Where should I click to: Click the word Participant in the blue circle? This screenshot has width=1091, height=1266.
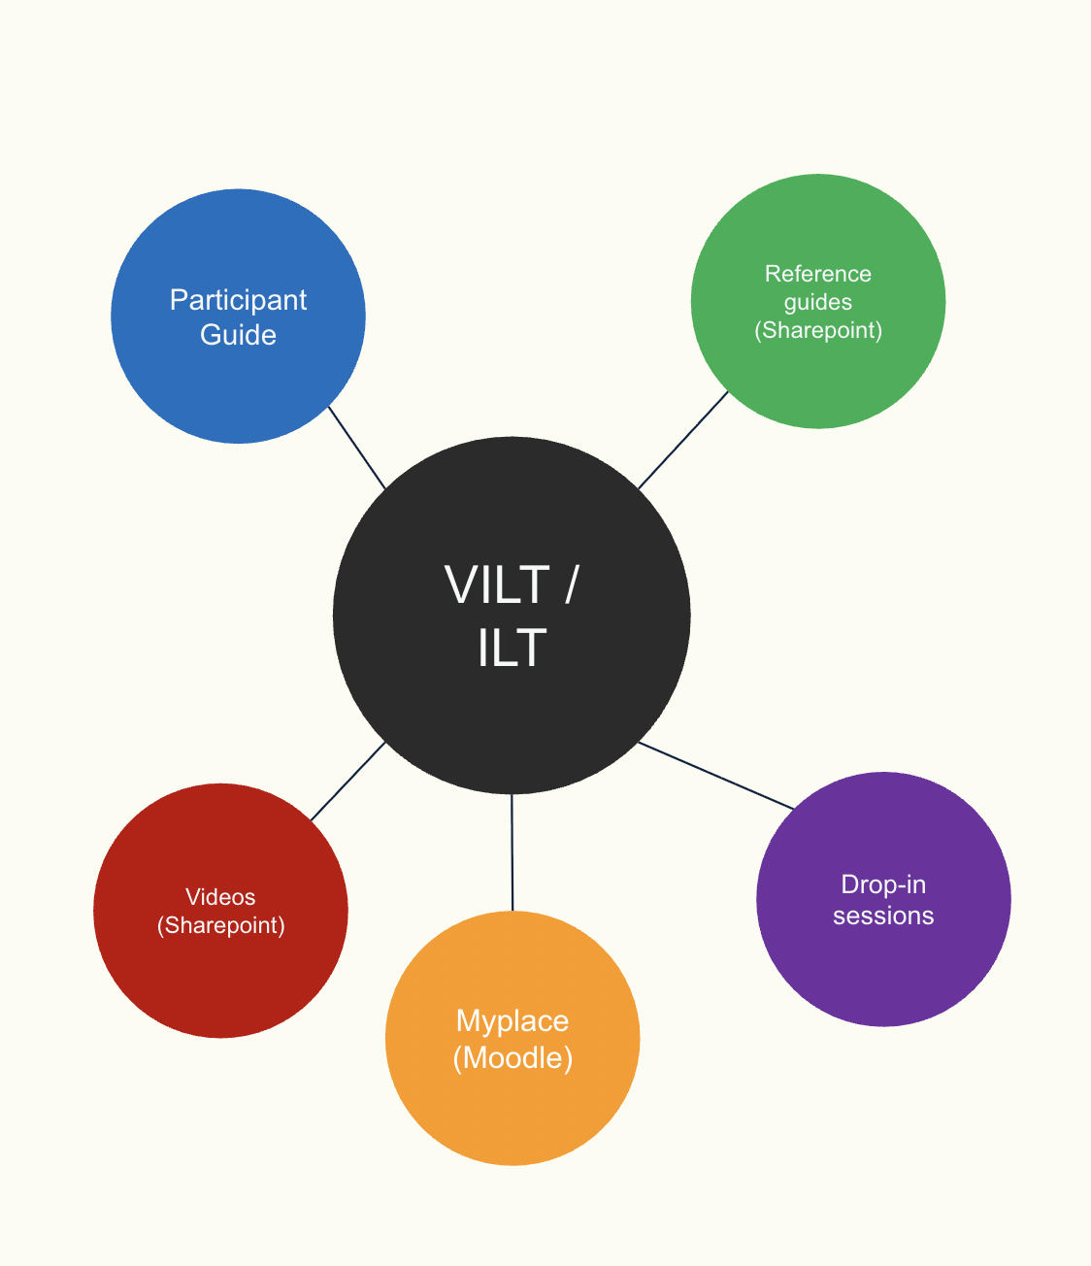[238, 300]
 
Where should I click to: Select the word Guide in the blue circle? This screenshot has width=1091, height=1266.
[238, 335]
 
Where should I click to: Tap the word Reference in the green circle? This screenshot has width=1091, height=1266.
[817, 274]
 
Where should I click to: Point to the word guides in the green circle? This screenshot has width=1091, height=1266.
[817, 302]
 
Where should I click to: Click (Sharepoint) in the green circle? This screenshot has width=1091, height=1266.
[817, 330]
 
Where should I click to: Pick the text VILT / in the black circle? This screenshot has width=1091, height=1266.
[512, 584]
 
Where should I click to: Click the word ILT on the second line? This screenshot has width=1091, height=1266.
[512, 648]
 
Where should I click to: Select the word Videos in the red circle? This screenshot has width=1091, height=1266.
[220, 897]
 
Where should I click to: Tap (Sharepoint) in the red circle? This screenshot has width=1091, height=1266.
[220, 925]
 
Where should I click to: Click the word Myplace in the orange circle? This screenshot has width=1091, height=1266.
[512, 1021]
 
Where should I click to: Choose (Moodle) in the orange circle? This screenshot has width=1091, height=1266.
[512, 1057]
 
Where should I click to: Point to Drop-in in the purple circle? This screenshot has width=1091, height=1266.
[882, 884]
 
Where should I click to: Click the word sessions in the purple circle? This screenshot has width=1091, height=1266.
[882, 916]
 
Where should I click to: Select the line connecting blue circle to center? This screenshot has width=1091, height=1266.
[356, 447]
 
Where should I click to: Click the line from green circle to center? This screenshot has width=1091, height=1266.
[683, 440]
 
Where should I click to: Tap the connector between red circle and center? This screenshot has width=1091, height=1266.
[347, 782]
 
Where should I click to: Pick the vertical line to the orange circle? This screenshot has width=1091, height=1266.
[512, 852]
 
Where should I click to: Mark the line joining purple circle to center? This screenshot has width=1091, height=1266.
[716, 775]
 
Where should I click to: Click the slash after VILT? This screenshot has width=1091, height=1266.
[571, 584]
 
